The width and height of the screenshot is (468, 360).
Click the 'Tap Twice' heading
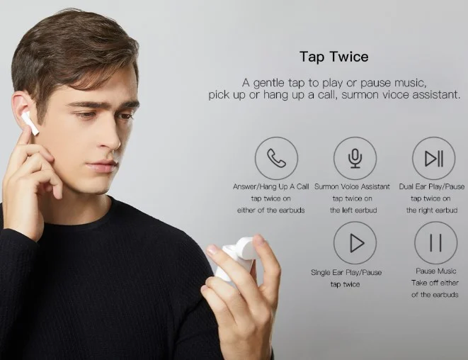[334, 57]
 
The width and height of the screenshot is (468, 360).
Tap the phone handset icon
[276, 158]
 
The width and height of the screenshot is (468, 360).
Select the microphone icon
[355, 158]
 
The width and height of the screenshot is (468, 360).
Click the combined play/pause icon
[434, 158]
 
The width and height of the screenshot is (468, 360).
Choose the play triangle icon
[357, 243]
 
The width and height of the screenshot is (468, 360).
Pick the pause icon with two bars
[435, 242]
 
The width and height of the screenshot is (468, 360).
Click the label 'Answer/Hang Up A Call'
[270, 186]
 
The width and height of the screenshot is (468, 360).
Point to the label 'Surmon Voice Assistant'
[352, 186]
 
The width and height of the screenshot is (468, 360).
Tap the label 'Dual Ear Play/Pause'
[432, 186]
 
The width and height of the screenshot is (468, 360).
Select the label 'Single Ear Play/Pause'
[346, 272]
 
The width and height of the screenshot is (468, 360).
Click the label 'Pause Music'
[435, 271]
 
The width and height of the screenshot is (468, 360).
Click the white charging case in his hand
[236, 258]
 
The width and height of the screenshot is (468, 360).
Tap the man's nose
[110, 137]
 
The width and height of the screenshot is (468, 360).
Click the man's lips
[102, 166]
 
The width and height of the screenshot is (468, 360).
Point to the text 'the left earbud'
[353, 210]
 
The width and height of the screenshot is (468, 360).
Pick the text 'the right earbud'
[432, 210]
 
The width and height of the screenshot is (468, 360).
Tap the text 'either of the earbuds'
[270, 210]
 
